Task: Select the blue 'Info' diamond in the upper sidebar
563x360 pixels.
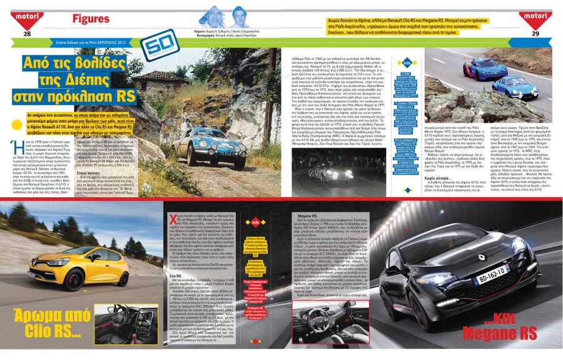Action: [406, 63]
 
